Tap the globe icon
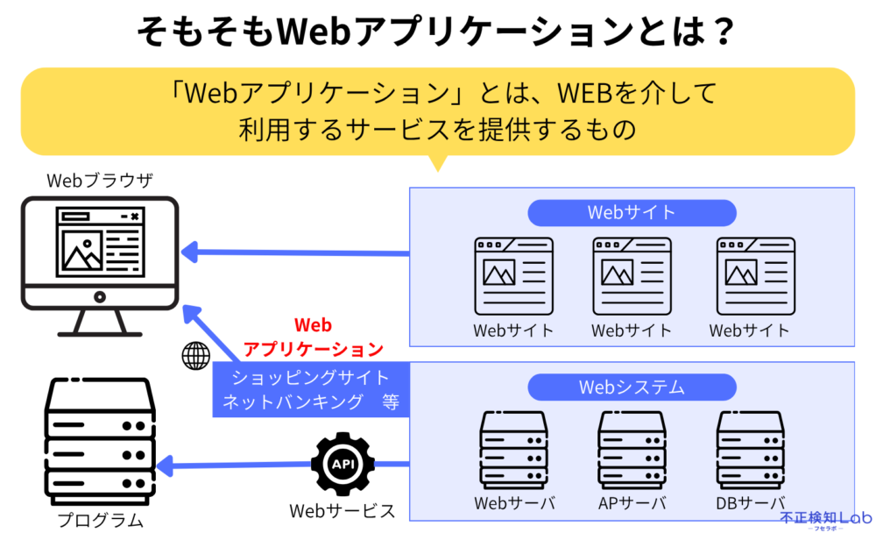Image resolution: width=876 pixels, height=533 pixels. tap(196, 355)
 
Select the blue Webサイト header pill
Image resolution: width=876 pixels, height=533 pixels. tap(631, 213)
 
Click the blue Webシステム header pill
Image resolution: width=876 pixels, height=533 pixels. tap(631, 387)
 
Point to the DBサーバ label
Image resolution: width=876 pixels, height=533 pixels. tap(751, 504)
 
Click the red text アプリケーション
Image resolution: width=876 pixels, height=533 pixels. tap(314, 349)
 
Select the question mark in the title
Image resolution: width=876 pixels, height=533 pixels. tap(719, 32)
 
